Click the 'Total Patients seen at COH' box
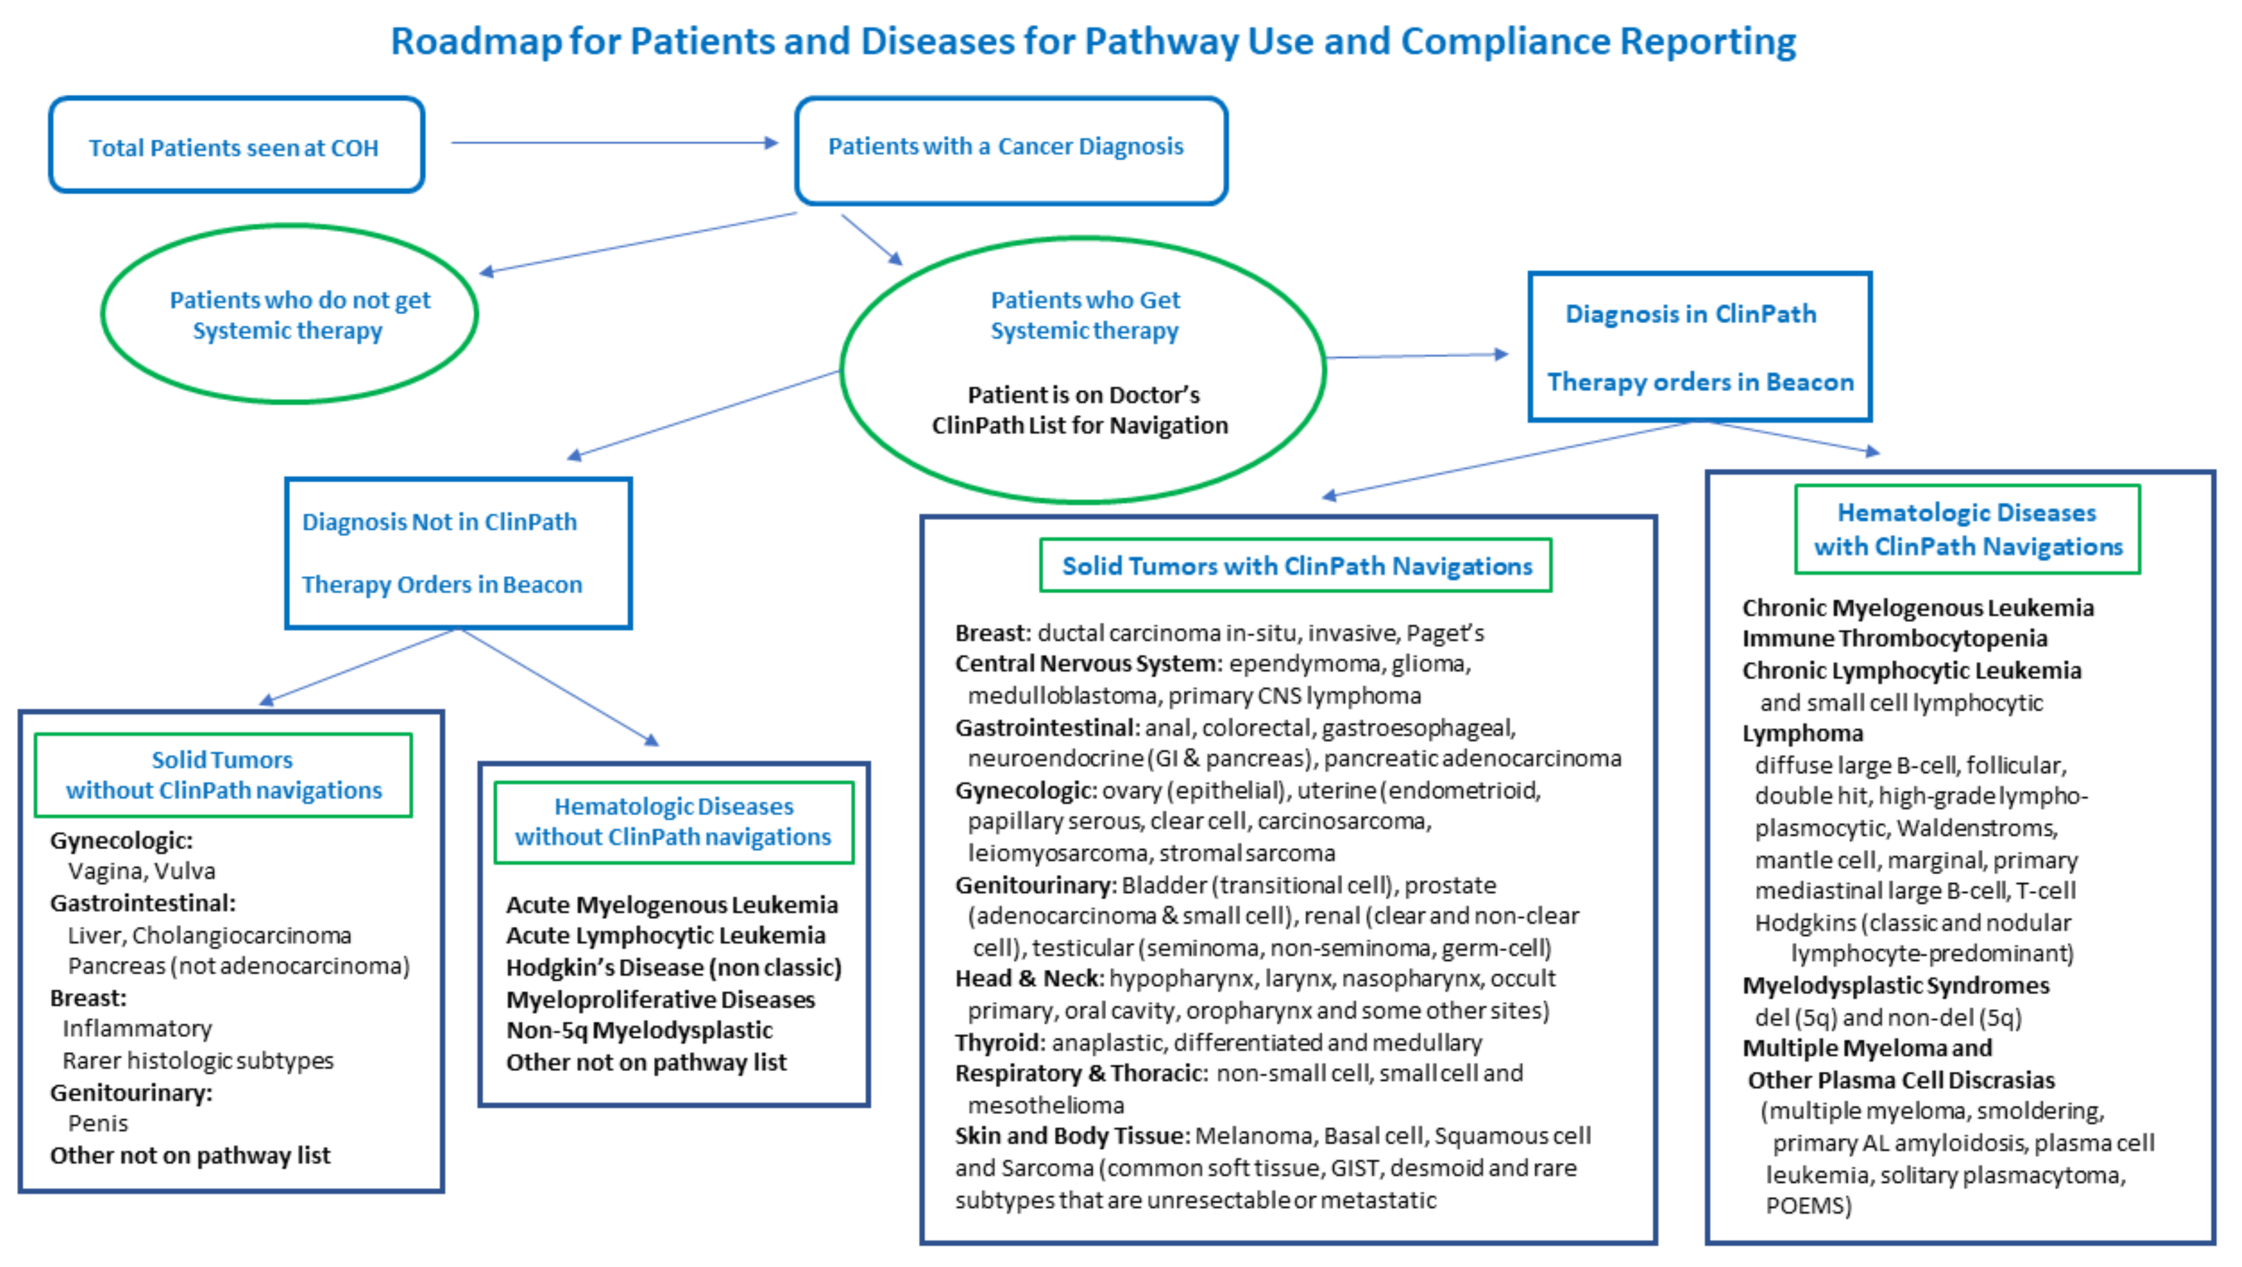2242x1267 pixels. coord(235,146)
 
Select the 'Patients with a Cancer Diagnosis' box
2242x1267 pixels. coord(1010,150)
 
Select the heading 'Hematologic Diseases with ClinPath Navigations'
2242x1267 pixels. coord(1967,529)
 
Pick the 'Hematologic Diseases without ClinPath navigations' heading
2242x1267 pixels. coord(674,822)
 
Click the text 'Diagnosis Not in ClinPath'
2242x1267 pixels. coord(439,522)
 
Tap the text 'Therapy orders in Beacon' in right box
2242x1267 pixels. coord(1700,382)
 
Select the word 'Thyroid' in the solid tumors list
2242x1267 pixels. coord(998,1042)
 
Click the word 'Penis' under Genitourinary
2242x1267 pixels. coord(98,1123)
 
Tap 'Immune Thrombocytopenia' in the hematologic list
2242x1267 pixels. coord(1894,639)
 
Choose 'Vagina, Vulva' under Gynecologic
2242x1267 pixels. coord(141,871)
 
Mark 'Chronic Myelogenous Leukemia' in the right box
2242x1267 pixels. coord(1917,607)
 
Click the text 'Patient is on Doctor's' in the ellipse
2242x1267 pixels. coord(1083,395)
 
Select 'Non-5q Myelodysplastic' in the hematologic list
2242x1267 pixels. coord(640,1030)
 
